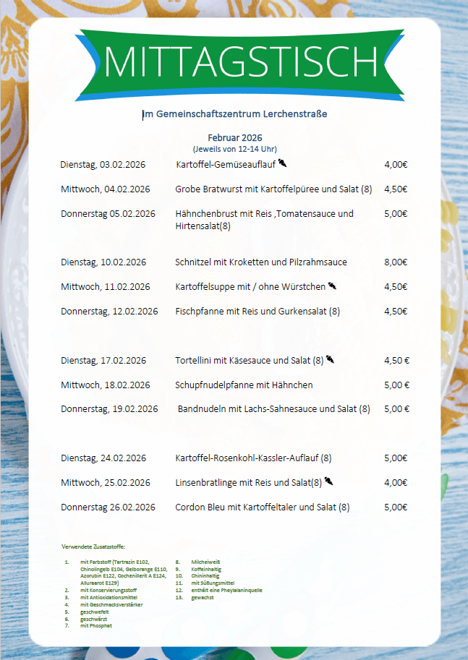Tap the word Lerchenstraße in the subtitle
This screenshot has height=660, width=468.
click(x=294, y=114)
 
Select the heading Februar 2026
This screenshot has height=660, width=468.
click(x=234, y=137)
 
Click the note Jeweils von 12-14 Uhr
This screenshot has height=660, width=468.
click(x=234, y=148)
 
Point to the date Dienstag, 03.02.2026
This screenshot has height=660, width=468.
click(x=103, y=165)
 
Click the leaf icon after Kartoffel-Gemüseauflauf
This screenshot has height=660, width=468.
click(x=283, y=163)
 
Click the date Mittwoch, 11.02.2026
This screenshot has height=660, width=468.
click(x=106, y=287)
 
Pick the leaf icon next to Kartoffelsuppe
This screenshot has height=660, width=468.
click(x=333, y=286)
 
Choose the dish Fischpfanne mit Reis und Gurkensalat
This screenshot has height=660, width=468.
click(x=258, y=312)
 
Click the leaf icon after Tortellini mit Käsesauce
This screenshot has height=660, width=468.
click(x=330, y=359)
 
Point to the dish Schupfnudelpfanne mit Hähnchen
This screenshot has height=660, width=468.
click(x=244, y=385)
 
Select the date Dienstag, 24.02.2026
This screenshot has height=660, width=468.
click(x=103, y=458)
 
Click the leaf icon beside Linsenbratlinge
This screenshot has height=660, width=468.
click(x=328, y=481)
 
